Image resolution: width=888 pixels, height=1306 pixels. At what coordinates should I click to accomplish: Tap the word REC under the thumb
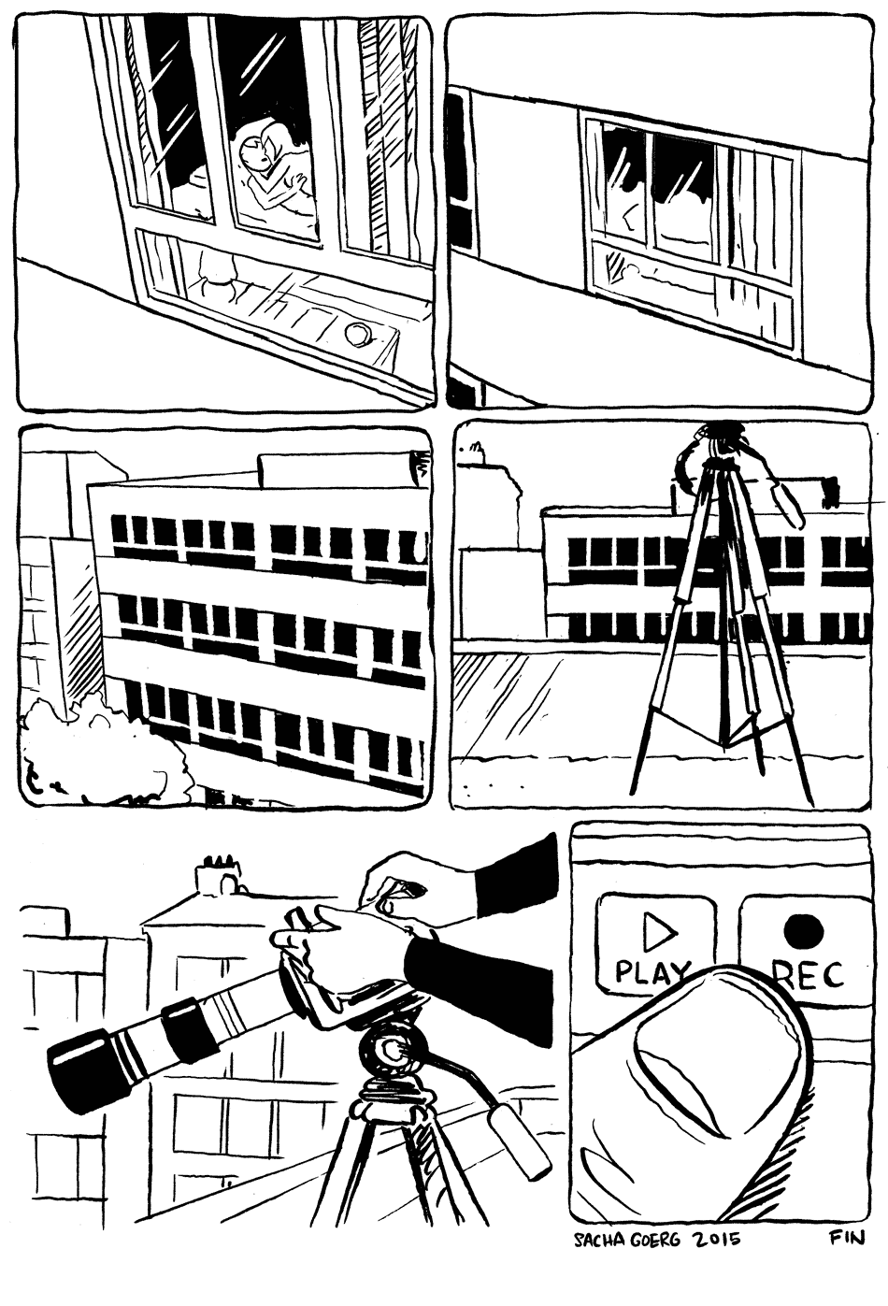point(809,974)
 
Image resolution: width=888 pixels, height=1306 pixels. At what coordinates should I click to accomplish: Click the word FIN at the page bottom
point(846,1238)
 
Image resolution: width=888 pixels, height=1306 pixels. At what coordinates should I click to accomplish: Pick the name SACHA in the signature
point(597,1241)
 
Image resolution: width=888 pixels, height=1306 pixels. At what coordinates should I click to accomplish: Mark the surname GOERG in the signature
point(658,1241)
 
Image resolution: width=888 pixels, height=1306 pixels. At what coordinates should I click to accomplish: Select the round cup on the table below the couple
point(357,333)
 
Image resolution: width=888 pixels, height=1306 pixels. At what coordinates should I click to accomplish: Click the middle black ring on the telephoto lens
point(188,1027)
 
